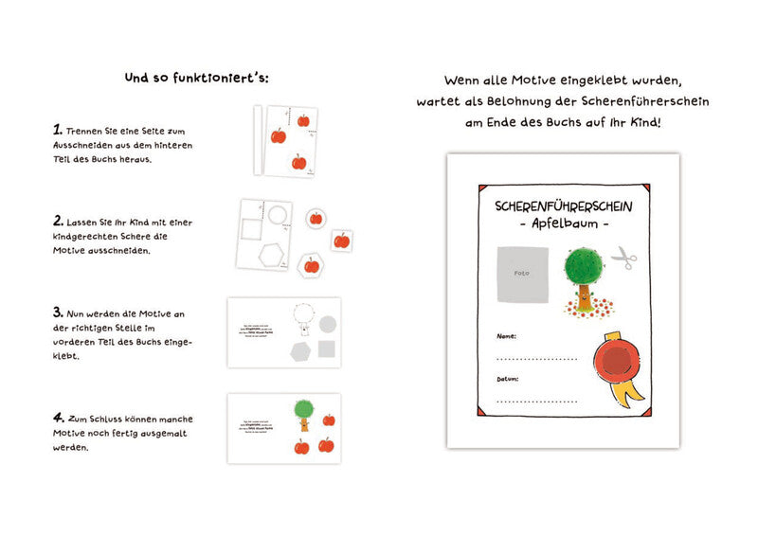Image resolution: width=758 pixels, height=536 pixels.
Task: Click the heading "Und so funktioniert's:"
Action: (x=197, y=78)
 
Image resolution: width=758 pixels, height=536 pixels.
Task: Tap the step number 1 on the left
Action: (x=57, y=129)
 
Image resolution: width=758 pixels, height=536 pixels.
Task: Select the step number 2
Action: (x=58, y=221)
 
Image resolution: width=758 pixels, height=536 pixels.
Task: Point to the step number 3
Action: (x=58, y=311)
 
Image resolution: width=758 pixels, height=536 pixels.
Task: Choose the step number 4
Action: (x=58, y=416)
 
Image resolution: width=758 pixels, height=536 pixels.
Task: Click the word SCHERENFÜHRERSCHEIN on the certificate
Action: (x=563, y=205)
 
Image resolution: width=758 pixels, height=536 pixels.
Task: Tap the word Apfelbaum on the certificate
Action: (x=564, y=223)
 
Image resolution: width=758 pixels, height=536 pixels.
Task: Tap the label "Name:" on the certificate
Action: (x=507, y=336)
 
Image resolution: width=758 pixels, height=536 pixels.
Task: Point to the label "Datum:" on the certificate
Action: (x=509, y=379)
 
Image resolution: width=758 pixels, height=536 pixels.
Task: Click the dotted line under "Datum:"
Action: (x=535, y=402)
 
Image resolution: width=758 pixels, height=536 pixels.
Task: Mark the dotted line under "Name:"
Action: (x=535, y=360)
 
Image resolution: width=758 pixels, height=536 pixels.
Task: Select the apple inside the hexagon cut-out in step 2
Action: (x=311, y=265)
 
